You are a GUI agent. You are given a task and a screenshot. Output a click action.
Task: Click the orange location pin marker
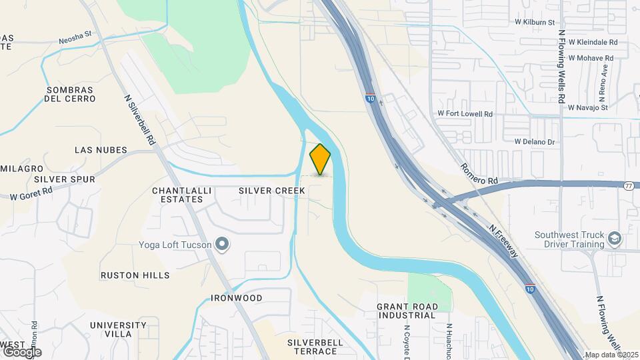[x=320, y=159]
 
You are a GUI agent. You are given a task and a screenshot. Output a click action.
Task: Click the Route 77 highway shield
[x=629, y=186]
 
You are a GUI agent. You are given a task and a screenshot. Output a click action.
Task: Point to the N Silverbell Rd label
[x=140, y=120]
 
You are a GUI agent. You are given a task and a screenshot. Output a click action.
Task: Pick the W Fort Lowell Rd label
[x=465, y=115]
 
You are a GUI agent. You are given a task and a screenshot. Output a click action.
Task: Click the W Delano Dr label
[x=535, y=142]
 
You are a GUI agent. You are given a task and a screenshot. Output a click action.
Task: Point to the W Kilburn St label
[x=535, y=22]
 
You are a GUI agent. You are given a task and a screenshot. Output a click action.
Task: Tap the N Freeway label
[x=503, y=240]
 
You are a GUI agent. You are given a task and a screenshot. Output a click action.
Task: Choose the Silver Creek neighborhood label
[x=272, y=191]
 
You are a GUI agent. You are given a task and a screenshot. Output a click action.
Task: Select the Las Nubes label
[x=101, y=150]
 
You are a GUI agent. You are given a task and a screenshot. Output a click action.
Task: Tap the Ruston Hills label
[x=135, y=275]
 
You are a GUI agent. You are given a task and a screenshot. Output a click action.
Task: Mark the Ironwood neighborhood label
[x=237, y=298]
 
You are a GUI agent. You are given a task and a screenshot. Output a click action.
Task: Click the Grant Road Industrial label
[x=407, y=311]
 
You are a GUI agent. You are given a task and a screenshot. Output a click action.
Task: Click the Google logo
[x=21, y=351]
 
